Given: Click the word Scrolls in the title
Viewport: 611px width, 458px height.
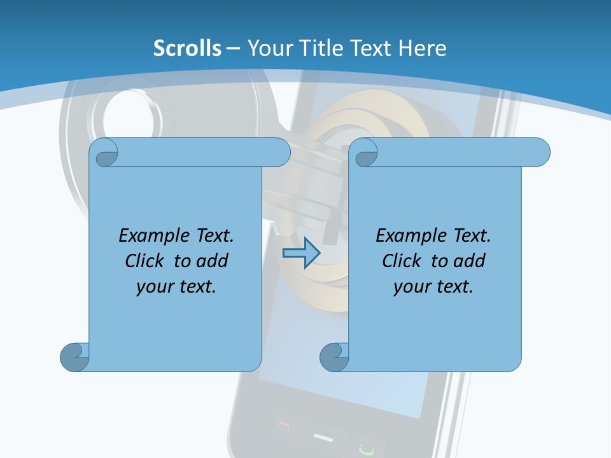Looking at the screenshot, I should tap(187, 48).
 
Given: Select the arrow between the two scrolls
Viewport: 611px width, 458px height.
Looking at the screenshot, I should tap(300, 253).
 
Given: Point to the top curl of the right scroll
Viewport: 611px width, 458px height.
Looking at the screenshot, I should tap(365, 153).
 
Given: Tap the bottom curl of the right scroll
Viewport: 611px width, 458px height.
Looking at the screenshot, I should tap(334, 357).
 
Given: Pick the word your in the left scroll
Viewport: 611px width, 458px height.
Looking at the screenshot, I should tap(152, 287).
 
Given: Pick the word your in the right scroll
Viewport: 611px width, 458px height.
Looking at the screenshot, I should tap(409, 287).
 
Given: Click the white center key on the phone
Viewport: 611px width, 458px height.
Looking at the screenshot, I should tap(323, 438).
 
